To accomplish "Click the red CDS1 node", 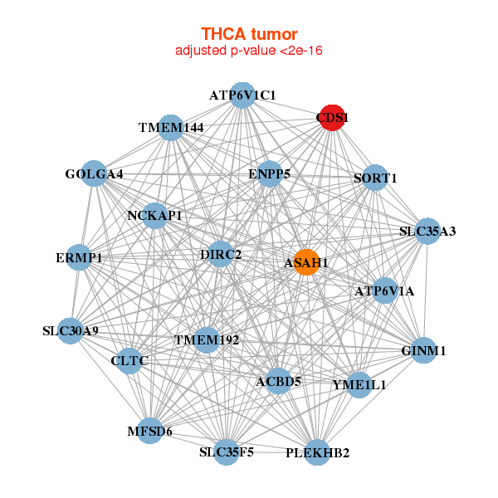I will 332,117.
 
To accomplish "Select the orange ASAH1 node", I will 306,262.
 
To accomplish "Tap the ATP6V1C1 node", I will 242,95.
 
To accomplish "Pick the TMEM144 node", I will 170,127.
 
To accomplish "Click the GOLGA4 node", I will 94,173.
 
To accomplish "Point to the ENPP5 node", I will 269,174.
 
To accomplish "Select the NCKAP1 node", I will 154,216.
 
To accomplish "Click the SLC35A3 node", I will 427,231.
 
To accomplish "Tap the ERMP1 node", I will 79,257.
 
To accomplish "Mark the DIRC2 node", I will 221,253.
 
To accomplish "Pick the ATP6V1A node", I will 384,290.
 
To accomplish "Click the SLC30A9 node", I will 71,330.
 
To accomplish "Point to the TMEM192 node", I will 206,339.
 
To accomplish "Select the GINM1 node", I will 423,350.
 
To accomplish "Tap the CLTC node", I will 129,361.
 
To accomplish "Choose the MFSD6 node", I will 149,431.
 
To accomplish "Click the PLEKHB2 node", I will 317,452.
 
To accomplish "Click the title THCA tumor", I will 249,34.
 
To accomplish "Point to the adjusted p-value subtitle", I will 249,51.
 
